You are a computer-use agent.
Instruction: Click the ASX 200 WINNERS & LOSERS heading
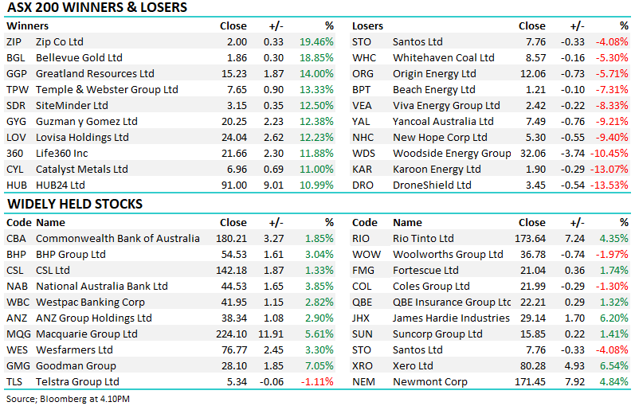[x=96, y=8]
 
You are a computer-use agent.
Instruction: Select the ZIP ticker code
[x=14, y=41]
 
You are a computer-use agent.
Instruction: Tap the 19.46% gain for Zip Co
[x=318, y=41]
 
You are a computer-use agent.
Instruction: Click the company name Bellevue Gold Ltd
[x=80, y=57]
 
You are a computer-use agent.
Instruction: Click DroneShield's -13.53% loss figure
[x=610, y=185]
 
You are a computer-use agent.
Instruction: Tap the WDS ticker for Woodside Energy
[x=363, y=153]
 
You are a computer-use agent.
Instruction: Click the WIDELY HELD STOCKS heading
[x=75, y=204]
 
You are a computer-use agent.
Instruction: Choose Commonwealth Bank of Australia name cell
[x=118, y=238]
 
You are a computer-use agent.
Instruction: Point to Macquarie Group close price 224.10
[x=230, y=334]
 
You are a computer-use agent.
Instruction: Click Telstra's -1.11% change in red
[x=318, y=381]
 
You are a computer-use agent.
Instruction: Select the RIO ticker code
[x=362, y=238]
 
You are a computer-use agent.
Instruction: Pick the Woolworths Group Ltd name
[x=448, y=254]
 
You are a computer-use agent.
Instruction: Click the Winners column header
[x=27, y=25]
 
